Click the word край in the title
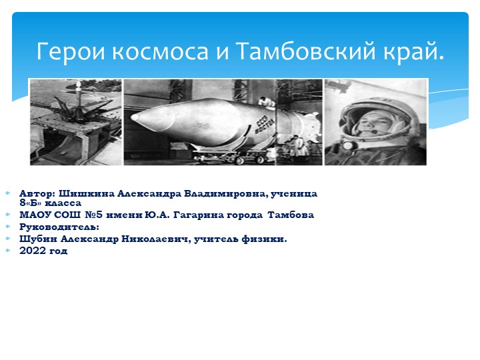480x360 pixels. [x=413, y=51]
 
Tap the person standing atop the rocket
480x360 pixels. [x=265, y=102]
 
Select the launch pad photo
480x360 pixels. [x=75, y=122]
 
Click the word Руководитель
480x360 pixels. [x=59, y=227]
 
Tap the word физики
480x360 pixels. [x=265, y=239]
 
